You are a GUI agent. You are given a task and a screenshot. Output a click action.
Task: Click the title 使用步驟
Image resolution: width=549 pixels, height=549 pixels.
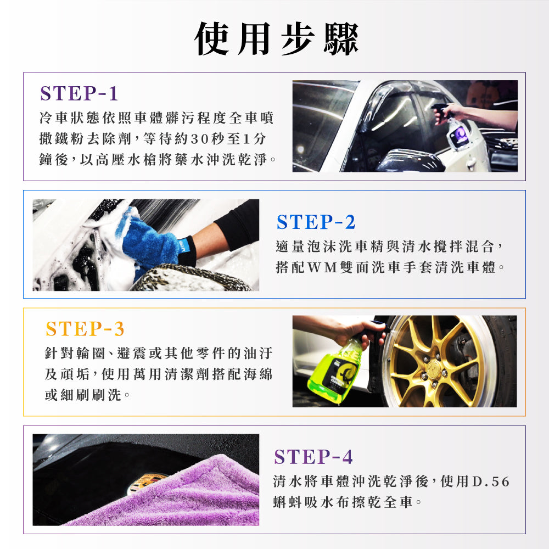277,39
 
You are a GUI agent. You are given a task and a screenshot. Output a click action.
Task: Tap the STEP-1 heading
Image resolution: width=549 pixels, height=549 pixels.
79,93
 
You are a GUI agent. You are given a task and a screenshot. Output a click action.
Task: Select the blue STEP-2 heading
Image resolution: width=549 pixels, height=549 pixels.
316,222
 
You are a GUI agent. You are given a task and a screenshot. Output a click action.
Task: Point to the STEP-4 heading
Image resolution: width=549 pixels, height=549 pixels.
313,457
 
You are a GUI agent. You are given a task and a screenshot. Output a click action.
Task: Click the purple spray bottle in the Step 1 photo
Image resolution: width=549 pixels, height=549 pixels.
457,134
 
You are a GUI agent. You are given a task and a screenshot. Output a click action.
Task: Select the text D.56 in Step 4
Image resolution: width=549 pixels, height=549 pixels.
491,482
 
